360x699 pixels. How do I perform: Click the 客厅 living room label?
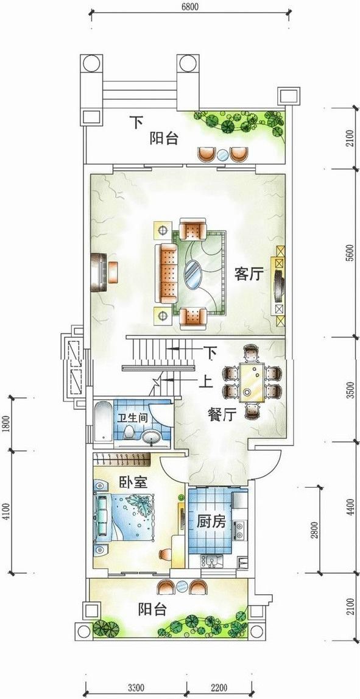[249, 274]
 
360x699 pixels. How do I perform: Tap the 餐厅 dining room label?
[222, 415]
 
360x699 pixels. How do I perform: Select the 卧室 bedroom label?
[133, 482]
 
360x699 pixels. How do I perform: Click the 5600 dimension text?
[351, 253]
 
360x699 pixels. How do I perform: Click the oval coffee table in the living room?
[193, 275]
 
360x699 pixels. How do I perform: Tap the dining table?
[252, 383]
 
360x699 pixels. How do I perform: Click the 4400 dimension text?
[351, 507]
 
